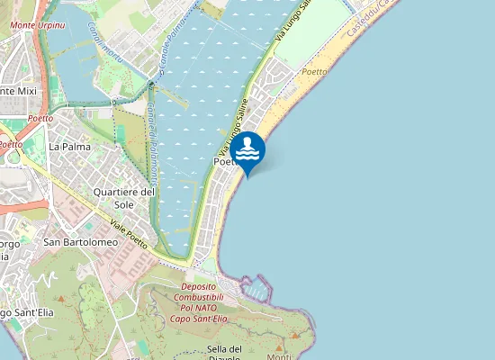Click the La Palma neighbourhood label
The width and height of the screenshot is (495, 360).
pos(67,146)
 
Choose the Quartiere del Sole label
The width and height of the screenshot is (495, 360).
pos(125,198)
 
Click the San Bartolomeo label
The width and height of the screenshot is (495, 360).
pos(81,242)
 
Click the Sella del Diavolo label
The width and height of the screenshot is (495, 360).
pos(225,351)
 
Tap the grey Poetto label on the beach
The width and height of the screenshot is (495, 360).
pos(315,71)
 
